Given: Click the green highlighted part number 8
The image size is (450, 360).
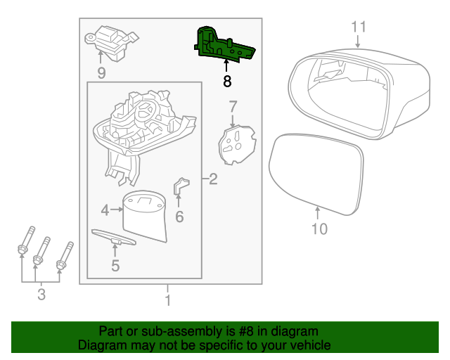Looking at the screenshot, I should coord(223,44).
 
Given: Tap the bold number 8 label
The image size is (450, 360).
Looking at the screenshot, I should coord(226,82).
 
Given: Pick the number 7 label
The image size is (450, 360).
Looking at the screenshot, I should coord(233,106).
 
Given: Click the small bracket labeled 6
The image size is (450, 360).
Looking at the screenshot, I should coord(181,187).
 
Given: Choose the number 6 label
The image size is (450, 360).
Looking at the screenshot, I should coord(179,217).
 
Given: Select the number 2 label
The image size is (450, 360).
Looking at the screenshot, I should coord(213,180).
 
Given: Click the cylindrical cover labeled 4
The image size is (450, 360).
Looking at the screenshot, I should coord(145,217).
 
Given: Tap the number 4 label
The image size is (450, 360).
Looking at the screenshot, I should coord(105,210).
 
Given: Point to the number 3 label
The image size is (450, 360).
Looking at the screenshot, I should coord(41,295).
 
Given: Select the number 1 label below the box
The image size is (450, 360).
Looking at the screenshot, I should coord(167,301).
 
